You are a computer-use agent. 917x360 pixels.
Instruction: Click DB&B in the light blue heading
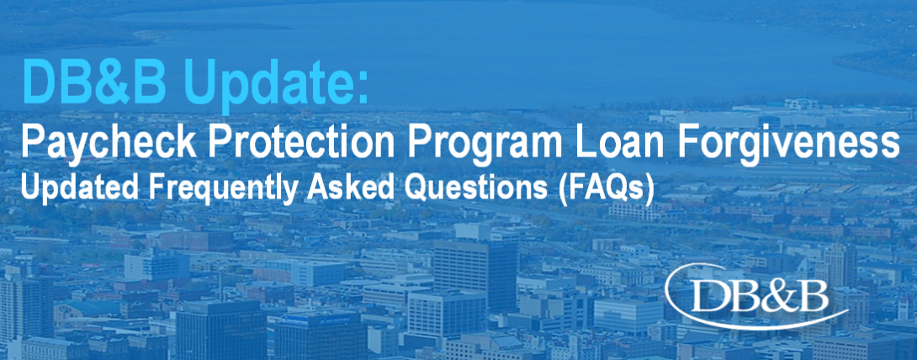pyautogui.click(x=94, y=82)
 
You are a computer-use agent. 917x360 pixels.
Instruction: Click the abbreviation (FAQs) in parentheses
pyautogui.click(x=605, y=191)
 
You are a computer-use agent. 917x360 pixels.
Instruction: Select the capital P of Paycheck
pyautogui.click(x=33, y=141)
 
